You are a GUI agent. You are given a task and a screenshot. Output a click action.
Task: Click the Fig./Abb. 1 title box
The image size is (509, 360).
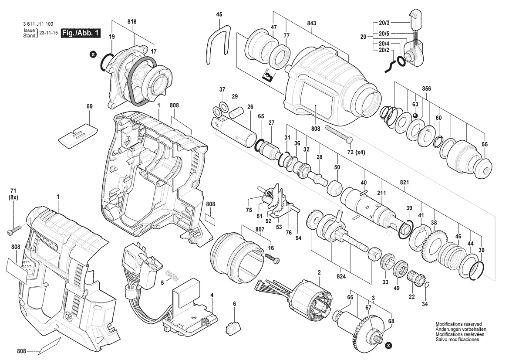[81, 33]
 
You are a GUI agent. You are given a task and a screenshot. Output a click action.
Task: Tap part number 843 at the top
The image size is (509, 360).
[311, 23]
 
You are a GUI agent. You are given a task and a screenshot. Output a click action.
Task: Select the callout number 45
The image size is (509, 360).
[219, 15]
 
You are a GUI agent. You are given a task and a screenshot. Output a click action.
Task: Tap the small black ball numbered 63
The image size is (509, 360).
[415, 115]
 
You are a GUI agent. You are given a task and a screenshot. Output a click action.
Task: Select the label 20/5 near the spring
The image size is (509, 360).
[384, 34]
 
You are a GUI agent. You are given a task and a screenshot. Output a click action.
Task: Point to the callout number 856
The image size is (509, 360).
[426, 88]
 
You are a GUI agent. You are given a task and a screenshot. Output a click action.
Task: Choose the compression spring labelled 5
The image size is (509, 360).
[173, 275]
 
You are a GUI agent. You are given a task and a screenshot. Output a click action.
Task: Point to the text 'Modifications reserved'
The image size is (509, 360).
[458, 324]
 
